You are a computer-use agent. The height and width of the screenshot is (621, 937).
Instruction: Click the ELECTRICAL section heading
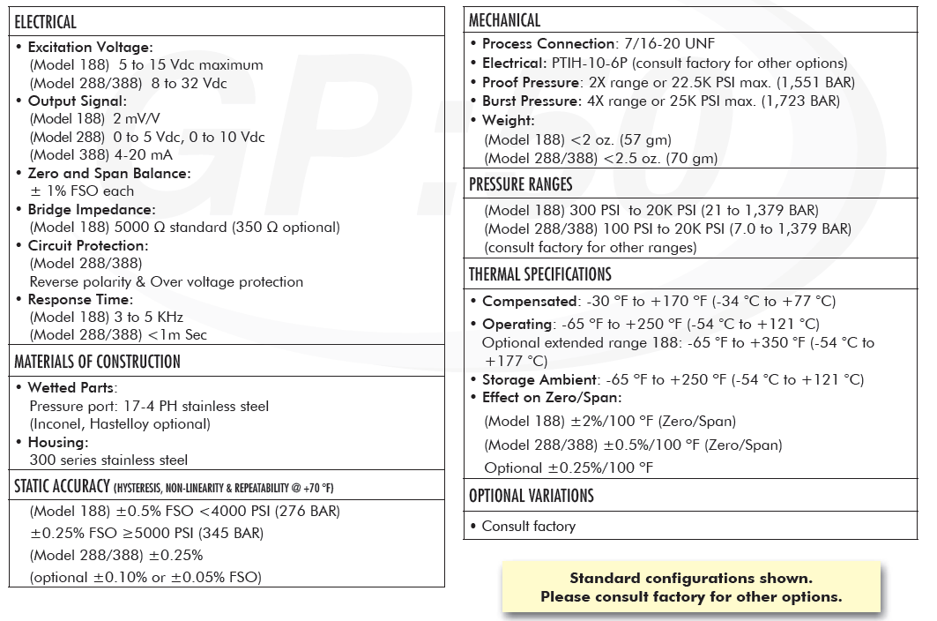point(46,22)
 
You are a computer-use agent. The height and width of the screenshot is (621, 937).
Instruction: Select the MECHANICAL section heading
point(504,20)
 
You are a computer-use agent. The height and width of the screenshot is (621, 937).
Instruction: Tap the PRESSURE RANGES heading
point(521,184)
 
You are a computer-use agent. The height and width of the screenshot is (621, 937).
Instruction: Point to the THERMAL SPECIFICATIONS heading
point(540,274)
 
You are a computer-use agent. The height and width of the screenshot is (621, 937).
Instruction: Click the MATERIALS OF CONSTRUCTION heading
point(97,362)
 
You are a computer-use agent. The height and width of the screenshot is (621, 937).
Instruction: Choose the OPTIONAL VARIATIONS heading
point(532,496)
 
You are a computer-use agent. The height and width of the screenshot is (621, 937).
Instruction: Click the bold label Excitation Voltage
point(90,47)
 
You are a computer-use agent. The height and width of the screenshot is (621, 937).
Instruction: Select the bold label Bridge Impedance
point(91,209)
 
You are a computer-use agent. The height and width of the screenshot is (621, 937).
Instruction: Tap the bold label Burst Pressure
point(532,101)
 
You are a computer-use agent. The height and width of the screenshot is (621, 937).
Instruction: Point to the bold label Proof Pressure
point(532,82)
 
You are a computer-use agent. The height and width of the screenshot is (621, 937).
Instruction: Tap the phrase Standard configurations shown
point(691,579)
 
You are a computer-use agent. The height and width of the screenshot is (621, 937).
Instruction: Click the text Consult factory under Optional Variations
point(528,527)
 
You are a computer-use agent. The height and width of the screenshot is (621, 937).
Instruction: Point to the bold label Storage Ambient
point(540,379)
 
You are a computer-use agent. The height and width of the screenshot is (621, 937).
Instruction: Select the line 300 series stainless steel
point(108,460)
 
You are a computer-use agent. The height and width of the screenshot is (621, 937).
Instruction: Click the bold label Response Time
point(79,300)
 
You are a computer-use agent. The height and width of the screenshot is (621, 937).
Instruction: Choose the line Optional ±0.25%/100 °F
point(569,468)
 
